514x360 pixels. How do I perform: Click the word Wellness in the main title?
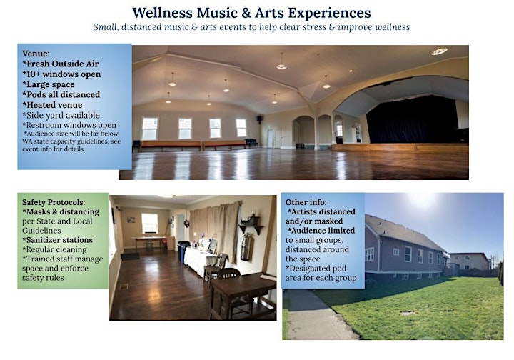[x=162, y=13]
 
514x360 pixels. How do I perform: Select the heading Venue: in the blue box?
[x=36, y=54]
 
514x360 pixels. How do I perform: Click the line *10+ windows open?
[x=61, y=74]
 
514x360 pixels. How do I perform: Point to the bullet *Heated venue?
[x=52, y=105]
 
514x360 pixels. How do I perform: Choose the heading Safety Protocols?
[x=54, y=202]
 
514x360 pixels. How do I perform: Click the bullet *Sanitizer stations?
[x=57, y=240]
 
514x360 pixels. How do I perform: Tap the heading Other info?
[x=306, y=202]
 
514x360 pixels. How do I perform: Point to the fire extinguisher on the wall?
[x=246, y=246]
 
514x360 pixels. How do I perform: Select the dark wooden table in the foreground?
[x=243, y=296]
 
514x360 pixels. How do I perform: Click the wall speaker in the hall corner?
[x=259, y=119]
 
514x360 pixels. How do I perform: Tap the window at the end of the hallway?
[x=149, y=224]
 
